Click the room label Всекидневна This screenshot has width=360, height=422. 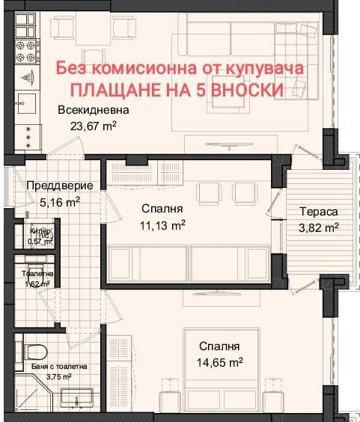point(88,111)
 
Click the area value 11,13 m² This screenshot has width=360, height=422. point(162,224)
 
